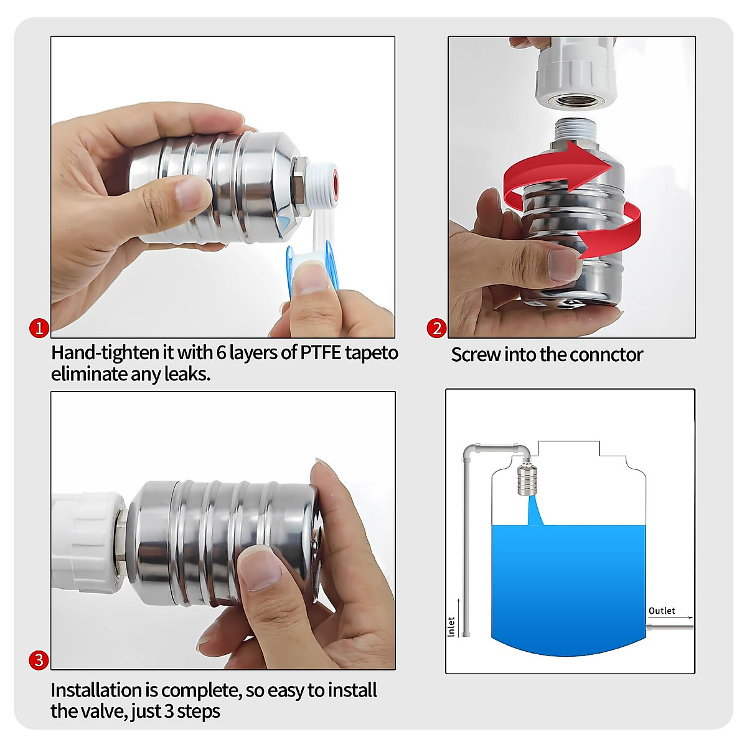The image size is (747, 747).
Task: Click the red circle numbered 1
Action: (x=39, y=328)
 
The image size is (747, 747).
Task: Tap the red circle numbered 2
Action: (x=436, y=328)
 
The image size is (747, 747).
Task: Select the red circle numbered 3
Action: (x=39, y=660)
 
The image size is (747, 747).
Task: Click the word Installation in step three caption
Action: (x=96, y=690)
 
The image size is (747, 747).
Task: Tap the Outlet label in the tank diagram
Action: (x=661, y=611)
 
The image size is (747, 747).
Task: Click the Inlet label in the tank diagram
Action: (x=451, y=626)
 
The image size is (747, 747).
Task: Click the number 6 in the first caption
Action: (x=221, y=352)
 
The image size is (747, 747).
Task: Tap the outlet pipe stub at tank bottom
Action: (x=671, y=627)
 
